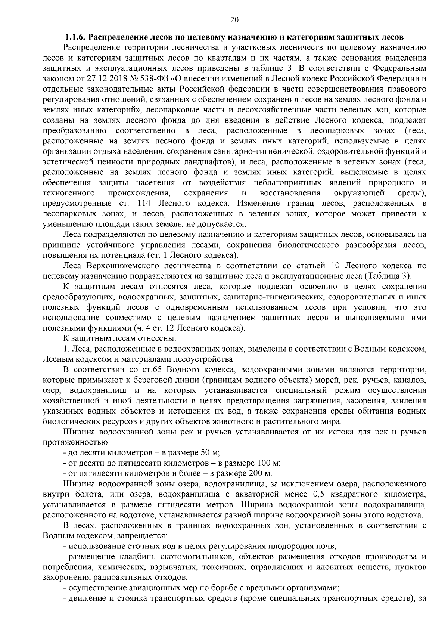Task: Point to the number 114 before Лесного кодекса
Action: pos(144,204)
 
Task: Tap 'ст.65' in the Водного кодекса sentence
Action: pos(151,369)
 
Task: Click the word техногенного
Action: pos(68,193)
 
